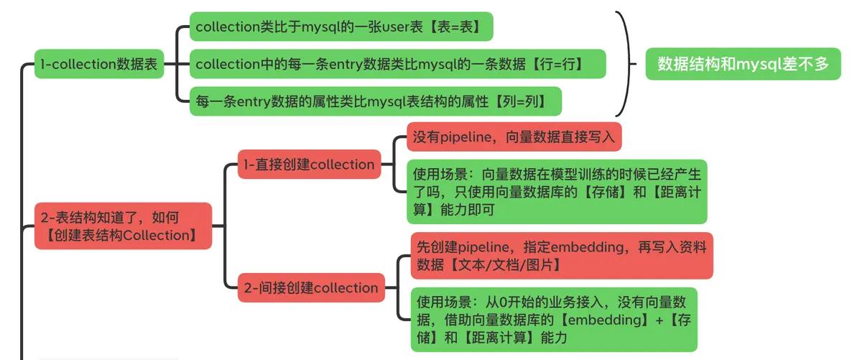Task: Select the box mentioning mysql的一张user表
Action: click(x=341, y=27)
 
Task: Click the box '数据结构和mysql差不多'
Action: click(x=743, y=64)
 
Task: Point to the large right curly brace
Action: click(x=626, y=63)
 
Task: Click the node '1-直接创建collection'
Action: click(x=310, y=164)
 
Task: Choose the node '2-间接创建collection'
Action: click(x=310, y=288)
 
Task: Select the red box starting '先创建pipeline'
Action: click(x=561, y=255)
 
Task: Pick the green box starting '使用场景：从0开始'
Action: click(x=553, y=319)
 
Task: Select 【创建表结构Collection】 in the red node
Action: click(x=121, y=235)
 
